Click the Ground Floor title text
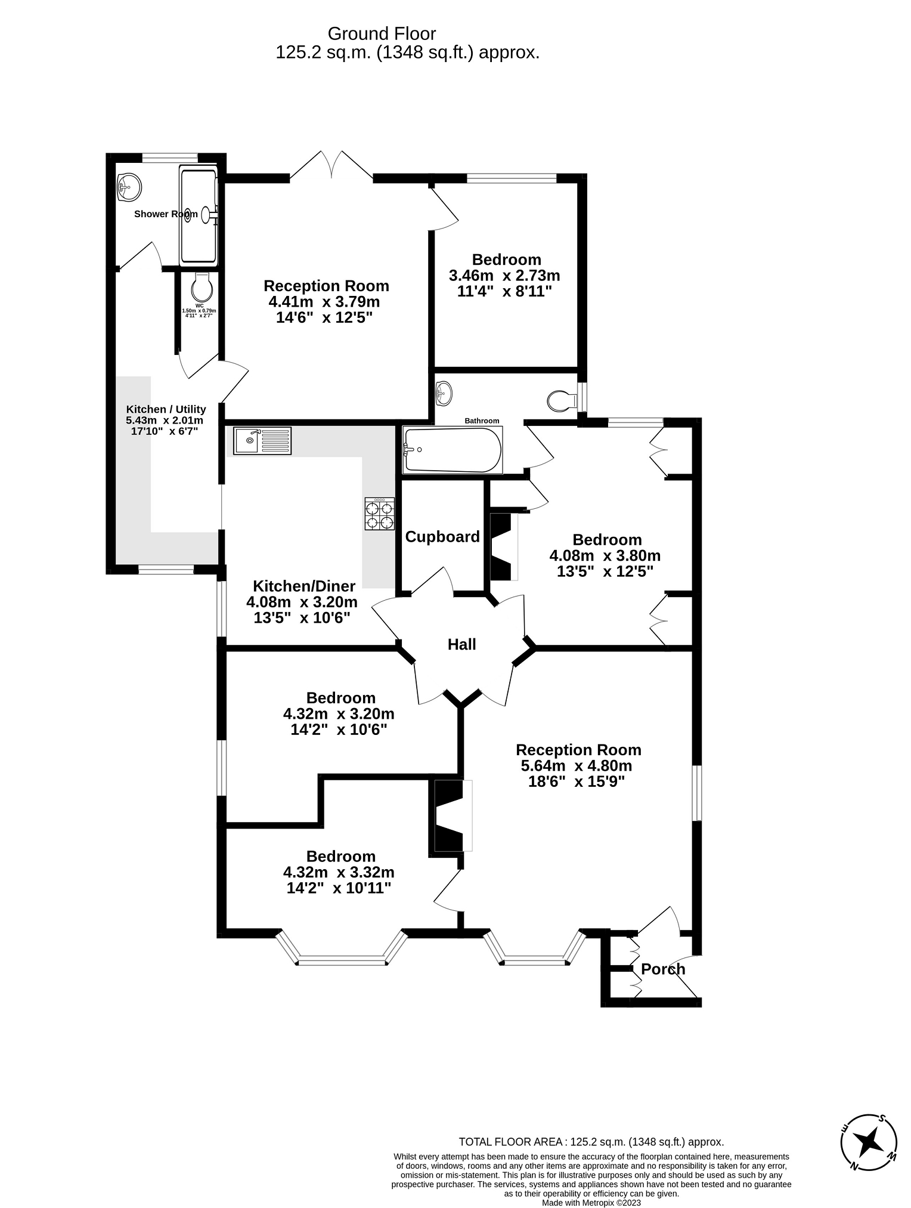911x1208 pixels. [382, 33]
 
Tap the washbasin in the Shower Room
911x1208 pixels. [129, 187]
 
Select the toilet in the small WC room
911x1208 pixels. [202, 288]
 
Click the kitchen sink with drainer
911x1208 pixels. [262, 441]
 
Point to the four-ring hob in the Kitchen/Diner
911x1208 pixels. [380, 514]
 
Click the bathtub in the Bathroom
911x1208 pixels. [453, 450]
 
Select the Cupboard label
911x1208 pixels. [442, 537]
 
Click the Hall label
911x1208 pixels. [462, 644]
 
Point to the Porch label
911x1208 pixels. [663, 969]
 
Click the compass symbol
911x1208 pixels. [869, 1142]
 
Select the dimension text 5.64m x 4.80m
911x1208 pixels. [577, 766]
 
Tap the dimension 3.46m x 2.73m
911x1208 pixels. [504, 276]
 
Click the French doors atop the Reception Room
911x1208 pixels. [331, 165]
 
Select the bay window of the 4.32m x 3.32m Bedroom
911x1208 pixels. [342, 949]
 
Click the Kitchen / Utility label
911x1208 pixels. [166, 409]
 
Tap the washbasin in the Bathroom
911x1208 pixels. [444, 392]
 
